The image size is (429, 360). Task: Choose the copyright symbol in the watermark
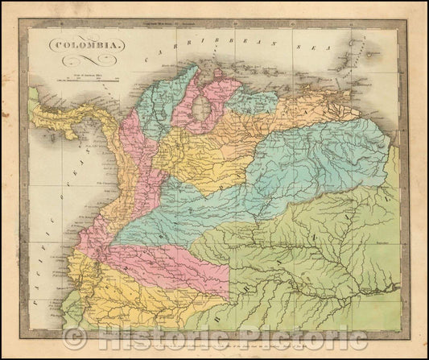77,339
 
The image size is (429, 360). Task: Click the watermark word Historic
160,339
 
